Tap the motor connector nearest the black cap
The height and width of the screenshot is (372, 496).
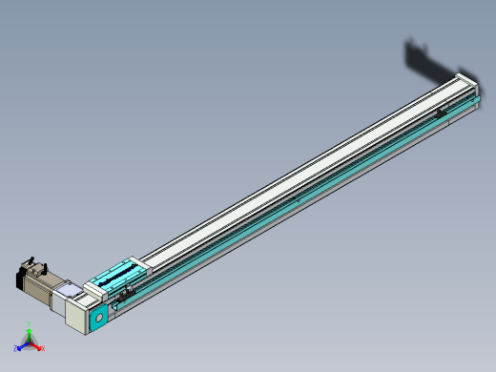(31, 260)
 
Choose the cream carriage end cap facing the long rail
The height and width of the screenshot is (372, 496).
(136, 261)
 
